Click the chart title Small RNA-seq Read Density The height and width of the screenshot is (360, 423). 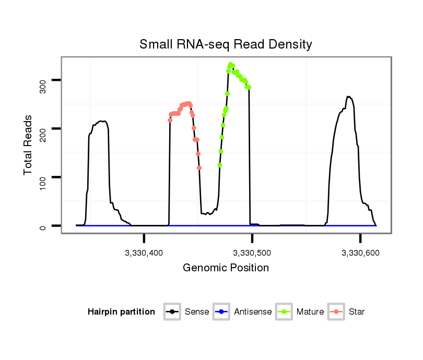(226, 44)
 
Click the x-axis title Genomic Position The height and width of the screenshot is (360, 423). (226, 268)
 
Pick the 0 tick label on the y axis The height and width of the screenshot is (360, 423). (43, 226)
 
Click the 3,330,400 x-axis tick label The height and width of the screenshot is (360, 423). (145, 253)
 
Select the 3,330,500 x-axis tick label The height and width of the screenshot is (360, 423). (253, 253)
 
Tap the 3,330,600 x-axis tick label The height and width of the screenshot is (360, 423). (361, 253)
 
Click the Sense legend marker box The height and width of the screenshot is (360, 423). (172, 312)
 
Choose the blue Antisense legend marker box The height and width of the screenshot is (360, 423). (221, 312)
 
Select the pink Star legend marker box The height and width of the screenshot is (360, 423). (337, 312)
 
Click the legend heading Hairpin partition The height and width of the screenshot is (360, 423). (121, 312)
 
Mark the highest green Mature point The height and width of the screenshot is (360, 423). (230, 65)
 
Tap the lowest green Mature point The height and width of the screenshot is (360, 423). (220, 165)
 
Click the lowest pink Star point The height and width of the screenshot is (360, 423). (199, 167)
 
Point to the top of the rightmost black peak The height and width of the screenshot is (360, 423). (348, 97)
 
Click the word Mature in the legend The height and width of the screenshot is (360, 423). (310, 312)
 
